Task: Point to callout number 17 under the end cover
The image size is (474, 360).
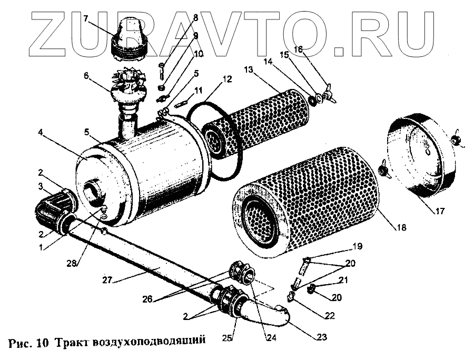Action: (440, 212)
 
